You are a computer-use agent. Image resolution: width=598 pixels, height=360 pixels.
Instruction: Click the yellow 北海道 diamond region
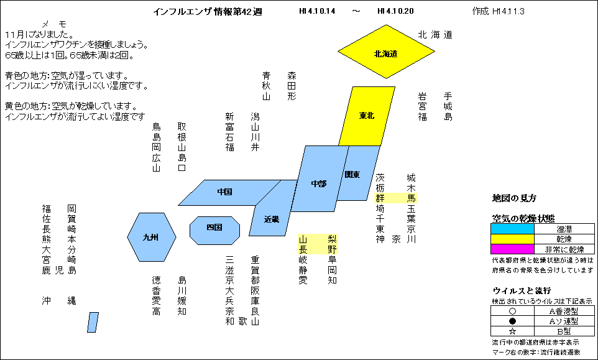coord(386,52)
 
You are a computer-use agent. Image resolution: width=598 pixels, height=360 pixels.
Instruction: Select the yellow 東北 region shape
coord(367,116)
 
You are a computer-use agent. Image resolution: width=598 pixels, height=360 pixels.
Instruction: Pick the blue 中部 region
coord(320,178)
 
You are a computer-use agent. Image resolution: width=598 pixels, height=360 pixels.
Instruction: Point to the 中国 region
coord(229,193)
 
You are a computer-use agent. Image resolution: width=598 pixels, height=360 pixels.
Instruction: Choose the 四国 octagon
coord(214,231)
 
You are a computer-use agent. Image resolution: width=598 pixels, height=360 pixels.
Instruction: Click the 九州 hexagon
coord(152,238)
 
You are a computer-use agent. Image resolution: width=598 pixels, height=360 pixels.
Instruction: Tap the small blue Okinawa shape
coord(93,323)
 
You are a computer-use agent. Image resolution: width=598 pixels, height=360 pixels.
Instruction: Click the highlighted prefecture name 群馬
coord(396,198)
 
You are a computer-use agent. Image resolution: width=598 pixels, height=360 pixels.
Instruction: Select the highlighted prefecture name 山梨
coord(318,239)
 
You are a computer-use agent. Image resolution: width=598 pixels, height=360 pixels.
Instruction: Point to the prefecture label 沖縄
coord(59,300)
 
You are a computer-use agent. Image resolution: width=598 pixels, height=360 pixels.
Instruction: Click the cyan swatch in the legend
coord(512,229)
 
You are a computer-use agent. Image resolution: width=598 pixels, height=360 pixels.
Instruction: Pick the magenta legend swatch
coord(512,249)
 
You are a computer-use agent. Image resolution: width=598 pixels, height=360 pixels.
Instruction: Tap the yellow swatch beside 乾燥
coord(512,239)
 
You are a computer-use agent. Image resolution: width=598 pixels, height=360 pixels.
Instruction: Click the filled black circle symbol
coord(513,321)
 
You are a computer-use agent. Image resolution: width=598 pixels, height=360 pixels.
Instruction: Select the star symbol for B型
coord(513,331)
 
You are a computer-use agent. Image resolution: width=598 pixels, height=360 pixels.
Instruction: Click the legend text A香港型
coord(564,311)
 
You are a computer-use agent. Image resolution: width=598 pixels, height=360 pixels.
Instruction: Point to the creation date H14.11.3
coord(508,11)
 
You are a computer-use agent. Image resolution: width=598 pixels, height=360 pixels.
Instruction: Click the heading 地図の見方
coord(514,198)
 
